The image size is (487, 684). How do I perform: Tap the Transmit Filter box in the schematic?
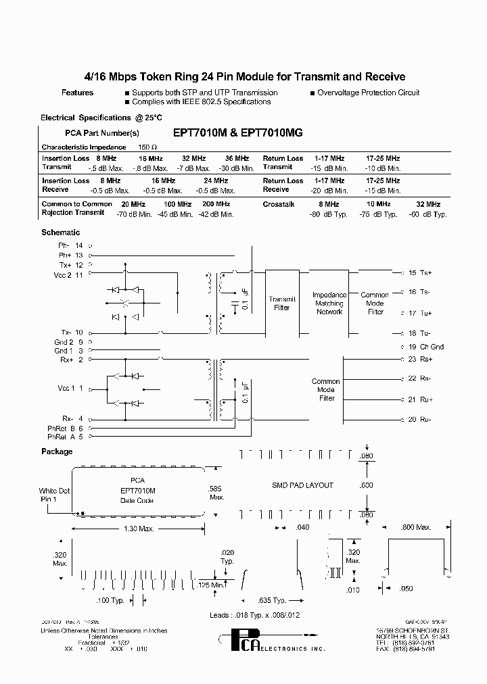[x=282, y=303]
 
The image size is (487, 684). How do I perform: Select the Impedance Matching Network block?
[x=329, y=303]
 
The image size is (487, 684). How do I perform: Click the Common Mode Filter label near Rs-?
[x=327, y=390]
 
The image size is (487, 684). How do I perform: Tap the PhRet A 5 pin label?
[x=70, y=437]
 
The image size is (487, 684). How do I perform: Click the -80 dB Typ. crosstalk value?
[x=329, y=214]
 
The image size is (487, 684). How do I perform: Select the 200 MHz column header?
[x=216, y=204]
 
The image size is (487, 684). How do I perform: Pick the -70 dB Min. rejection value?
[x=131, y=214]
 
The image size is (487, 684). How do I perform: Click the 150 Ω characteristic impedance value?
[x=147, y=147]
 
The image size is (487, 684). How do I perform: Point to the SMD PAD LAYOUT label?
[x=302, y=485]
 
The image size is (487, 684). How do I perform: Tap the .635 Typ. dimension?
[x=273, y=600]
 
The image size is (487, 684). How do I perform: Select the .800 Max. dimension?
[x=416, y=527]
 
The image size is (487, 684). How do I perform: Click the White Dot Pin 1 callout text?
[x=55, y=495]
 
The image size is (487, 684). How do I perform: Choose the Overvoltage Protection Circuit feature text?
[x=368, y=93]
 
